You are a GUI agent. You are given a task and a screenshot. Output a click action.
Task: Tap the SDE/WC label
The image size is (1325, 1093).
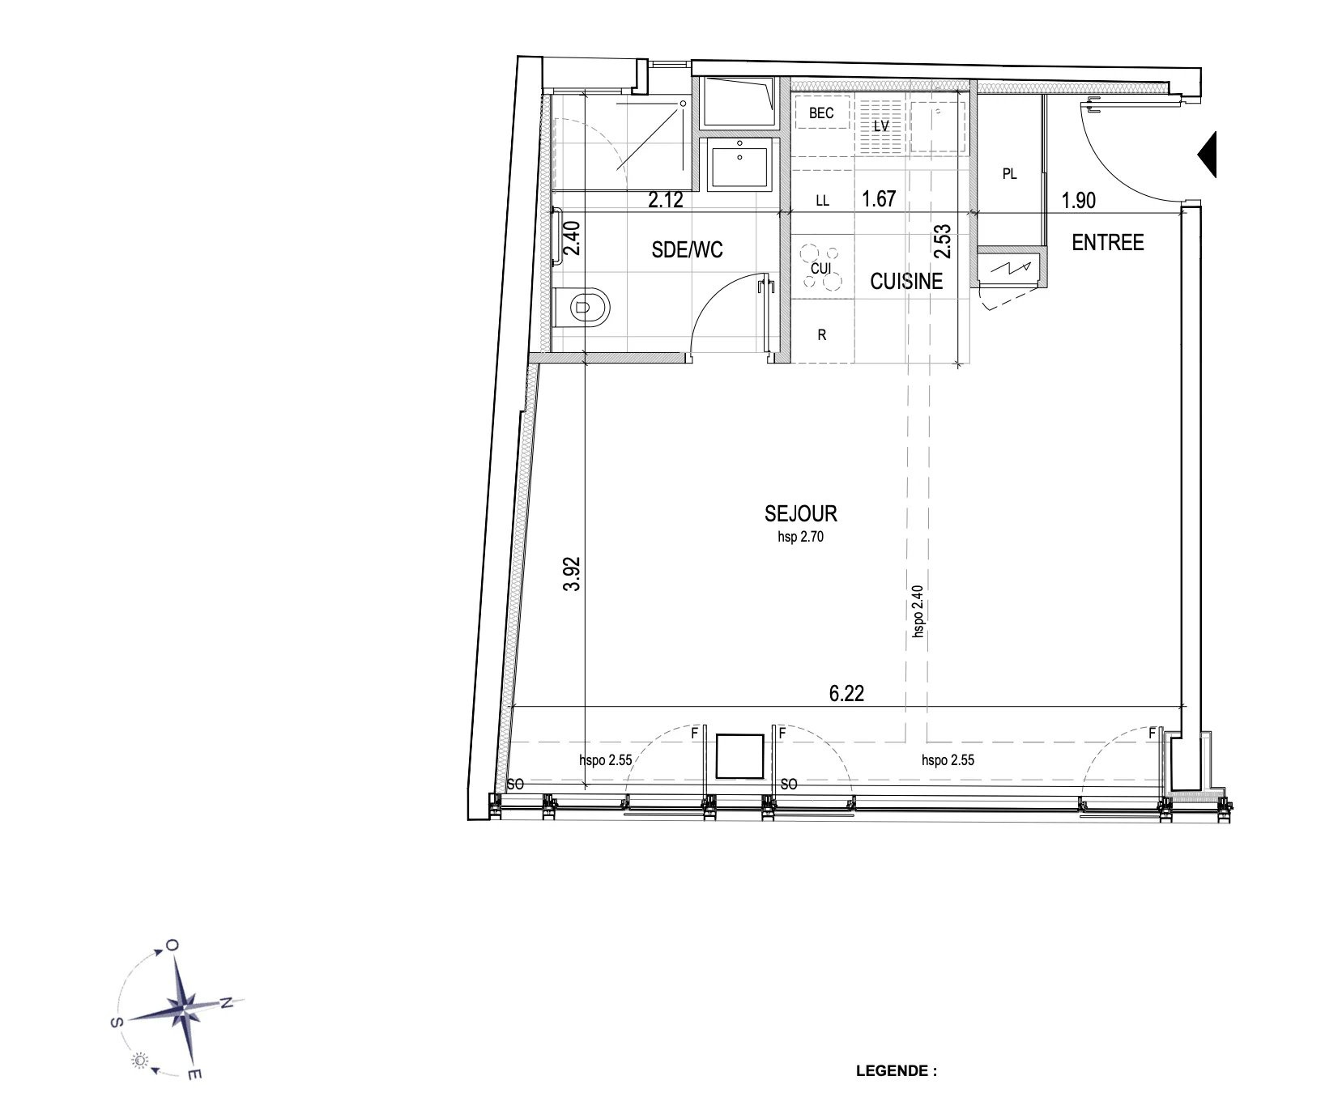(x=687, y=251)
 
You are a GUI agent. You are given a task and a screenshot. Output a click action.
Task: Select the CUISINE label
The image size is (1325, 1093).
(x=906, y=281)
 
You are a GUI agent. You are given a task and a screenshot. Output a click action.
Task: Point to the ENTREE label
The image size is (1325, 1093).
(x=1108, y=242)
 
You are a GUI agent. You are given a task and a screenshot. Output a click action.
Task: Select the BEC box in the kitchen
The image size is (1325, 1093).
(x=821, y=113)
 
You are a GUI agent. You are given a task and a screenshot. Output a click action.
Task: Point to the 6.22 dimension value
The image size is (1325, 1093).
(x=847, y=694)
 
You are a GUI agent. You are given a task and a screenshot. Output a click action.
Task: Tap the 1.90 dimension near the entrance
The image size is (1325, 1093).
(x=1078, y=200)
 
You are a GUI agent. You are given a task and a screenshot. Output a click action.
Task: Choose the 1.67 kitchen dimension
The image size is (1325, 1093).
(x=879, y=198)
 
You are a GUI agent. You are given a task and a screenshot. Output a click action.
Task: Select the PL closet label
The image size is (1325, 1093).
(x=1009, y=174)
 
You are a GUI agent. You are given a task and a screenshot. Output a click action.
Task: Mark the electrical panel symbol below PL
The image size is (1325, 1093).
(x=1009, y=267)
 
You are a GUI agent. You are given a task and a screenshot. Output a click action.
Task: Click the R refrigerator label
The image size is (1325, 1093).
(x=822, y=335)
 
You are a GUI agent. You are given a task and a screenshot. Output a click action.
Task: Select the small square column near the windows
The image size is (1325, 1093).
(x=740, y=756)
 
